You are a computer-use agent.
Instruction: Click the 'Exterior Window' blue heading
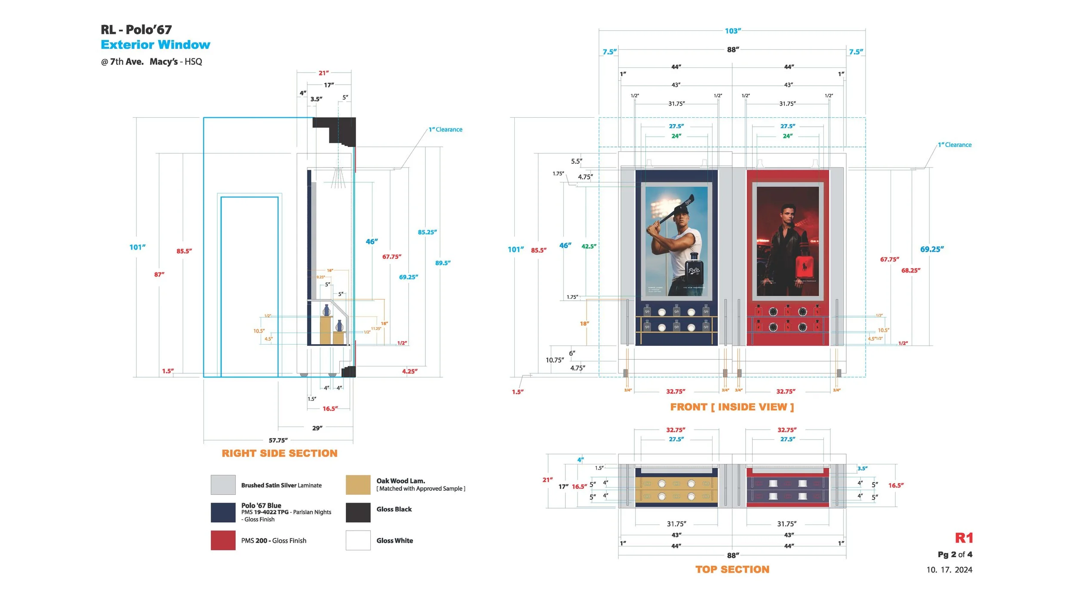tap(155, 45)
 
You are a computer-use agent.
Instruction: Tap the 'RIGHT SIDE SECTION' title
tap(279, 453)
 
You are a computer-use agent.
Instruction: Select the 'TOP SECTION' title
tap(732, 569)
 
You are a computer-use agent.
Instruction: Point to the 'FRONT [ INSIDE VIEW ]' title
tap(732, 407)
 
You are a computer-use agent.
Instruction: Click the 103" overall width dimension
tap(732, 31)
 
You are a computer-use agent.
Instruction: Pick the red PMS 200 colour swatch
tap(223, 540)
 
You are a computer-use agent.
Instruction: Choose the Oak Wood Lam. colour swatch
tap(358, 485)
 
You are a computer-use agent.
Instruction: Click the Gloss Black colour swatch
tap(358, 512)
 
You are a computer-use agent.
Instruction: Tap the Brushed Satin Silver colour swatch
tap(223, 485)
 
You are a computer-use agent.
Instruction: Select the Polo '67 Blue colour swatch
tap(223, 512)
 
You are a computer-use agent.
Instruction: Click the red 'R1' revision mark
tap(964, 538)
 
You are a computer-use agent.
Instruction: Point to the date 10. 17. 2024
tap(949, 570)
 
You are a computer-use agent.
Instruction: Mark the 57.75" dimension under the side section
tap(278, 440)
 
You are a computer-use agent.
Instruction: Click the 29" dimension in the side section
tap(317, 428)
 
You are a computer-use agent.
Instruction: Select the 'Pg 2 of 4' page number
tap(955, 554)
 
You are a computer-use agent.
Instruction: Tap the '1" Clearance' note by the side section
tap(445, 129)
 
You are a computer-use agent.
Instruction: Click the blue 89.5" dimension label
tap(442, 263)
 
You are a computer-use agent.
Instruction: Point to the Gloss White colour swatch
tap(358, 540)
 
